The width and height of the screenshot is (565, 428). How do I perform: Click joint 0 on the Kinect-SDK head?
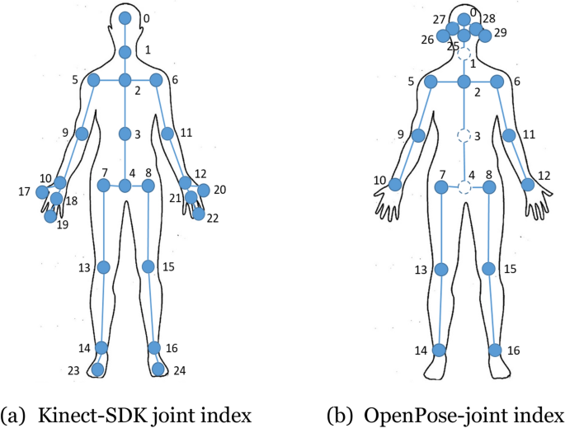125,18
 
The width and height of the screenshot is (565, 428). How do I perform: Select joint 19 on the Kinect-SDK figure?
51,217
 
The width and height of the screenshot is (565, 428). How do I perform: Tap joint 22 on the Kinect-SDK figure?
198,214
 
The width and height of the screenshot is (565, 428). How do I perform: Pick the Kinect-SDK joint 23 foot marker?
97,369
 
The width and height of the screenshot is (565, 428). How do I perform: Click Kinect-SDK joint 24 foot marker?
158,369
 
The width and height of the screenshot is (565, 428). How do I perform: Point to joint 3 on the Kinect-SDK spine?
125,134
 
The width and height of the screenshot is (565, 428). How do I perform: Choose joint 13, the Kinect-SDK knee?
104,267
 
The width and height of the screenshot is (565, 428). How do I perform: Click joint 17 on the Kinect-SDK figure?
43,192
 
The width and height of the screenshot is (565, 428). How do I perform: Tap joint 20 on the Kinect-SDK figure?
204,190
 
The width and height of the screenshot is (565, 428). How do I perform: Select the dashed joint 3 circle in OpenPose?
464,135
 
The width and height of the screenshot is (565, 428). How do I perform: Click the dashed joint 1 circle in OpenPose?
464,54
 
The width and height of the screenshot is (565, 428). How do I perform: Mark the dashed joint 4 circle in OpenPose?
464,188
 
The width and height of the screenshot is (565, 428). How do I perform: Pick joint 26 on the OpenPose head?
444,36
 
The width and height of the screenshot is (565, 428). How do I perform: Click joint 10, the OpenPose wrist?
396,185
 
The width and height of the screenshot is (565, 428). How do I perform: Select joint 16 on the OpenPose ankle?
495,350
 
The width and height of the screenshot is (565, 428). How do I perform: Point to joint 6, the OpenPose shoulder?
497,82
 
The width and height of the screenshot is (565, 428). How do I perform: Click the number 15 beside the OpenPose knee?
511,270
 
